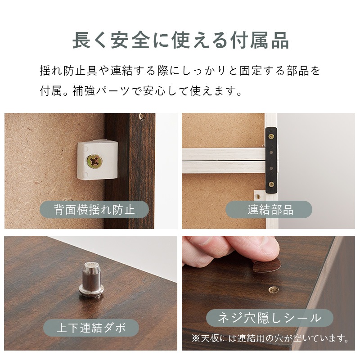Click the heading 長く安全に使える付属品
[180, 40]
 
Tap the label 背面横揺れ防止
[94, 209]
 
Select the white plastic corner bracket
[97, 158]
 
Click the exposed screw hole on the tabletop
[273, 289]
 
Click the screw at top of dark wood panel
[142, 116]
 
